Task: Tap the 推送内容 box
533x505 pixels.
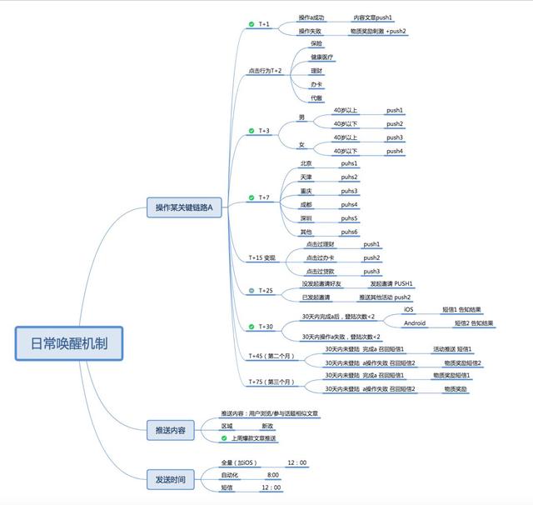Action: (171, 431)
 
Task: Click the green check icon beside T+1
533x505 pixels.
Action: (251, 25)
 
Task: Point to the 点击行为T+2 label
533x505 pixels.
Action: (266, 71)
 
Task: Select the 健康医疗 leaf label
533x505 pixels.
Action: (321, 57)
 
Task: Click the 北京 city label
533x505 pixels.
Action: (306, 164)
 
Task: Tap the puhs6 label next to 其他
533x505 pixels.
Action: (349, 232)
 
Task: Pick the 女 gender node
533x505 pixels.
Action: (301, 145)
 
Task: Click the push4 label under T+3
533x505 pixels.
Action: (395, 152)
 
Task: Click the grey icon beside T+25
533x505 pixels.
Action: (251, 291)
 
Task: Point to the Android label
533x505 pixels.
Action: (416, 322)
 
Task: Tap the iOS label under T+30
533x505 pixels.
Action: (408, 309)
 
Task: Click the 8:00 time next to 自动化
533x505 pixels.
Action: (273, 475)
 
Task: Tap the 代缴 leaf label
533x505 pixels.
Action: (316, 97)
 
